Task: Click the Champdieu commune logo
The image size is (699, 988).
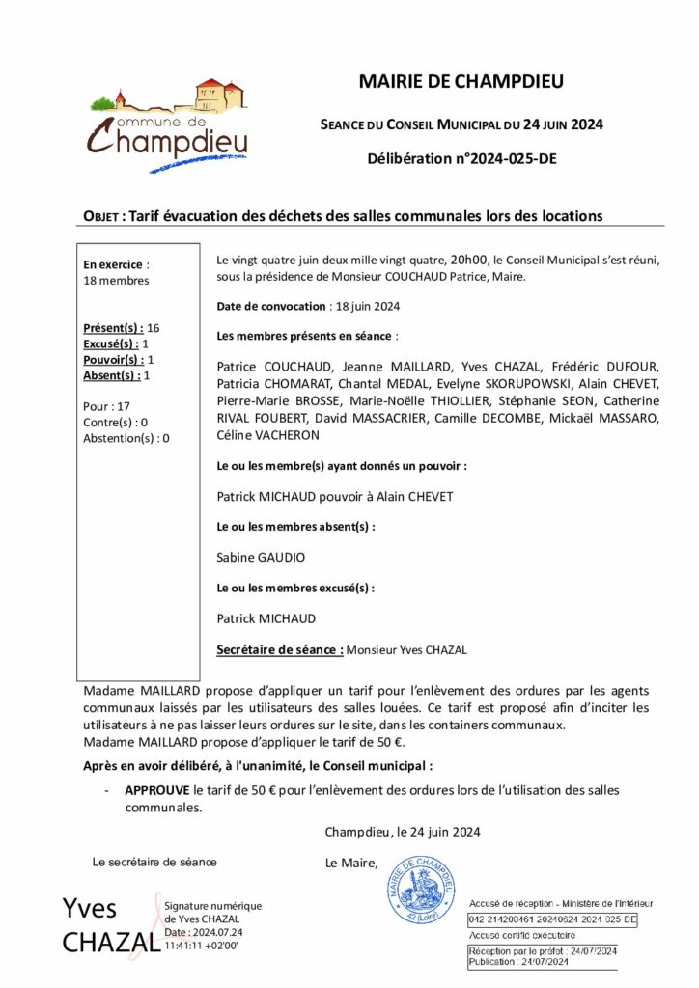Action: click(168, 125)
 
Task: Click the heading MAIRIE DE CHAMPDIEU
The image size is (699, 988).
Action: click(461, 82)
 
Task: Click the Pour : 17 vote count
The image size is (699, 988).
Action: click(107, 406)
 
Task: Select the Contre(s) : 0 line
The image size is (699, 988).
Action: click(116, 422)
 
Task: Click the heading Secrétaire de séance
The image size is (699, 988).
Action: click(280, 649)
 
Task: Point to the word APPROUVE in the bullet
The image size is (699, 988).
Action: click(157, 790)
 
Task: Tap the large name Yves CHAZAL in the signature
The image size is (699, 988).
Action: click(105, 924)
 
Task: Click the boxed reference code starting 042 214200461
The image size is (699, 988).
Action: click(552, 920)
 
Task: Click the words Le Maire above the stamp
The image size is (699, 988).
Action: click(351, 863)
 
